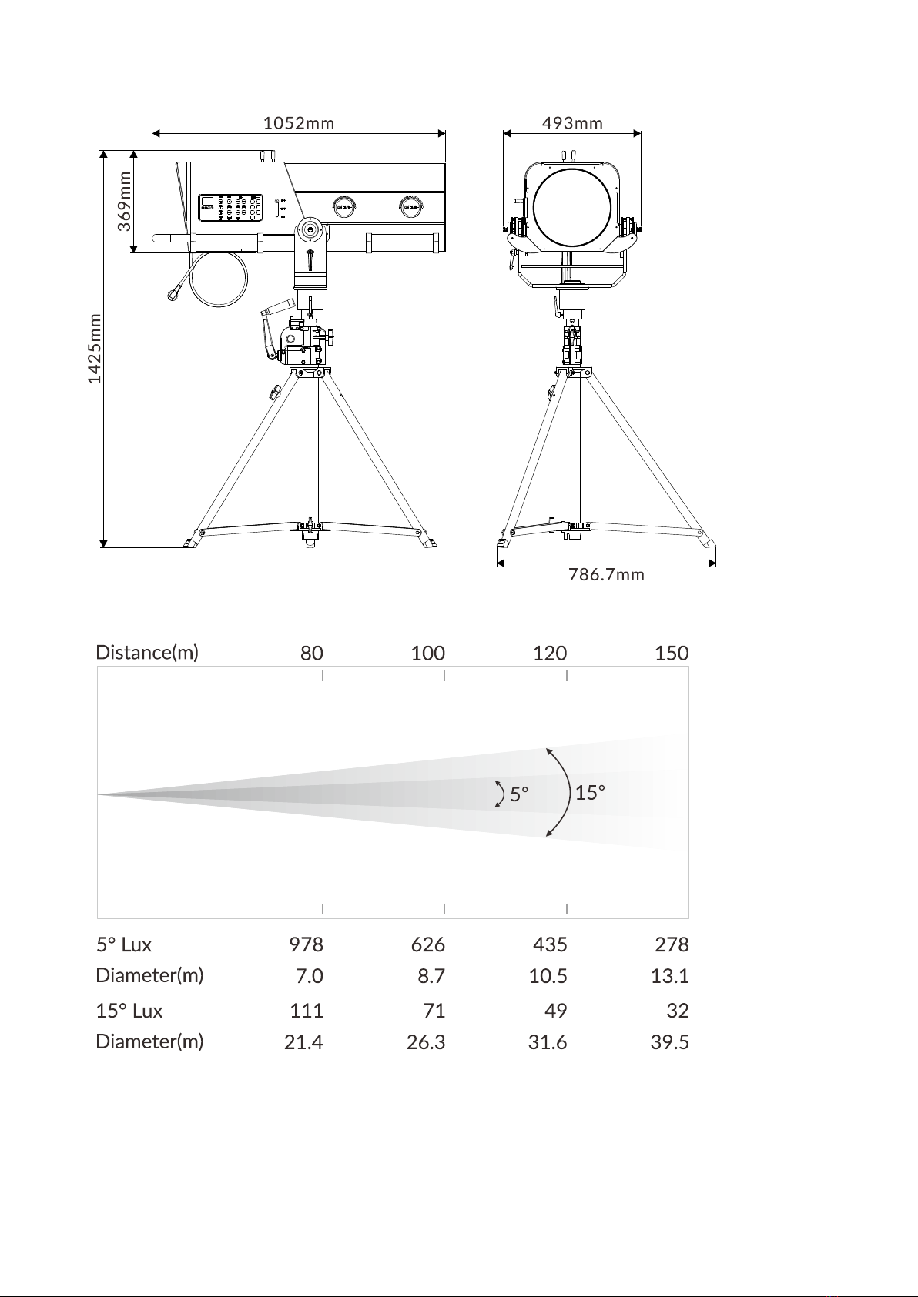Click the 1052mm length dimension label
coord(299,123)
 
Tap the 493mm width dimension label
coord(572,123)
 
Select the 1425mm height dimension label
coord(95,349)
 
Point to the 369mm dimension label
coord(125,202)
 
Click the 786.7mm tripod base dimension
coord(606,575)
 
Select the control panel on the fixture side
coord(230,208)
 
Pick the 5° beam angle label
coord(519,794)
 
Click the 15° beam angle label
coord(590,792)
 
